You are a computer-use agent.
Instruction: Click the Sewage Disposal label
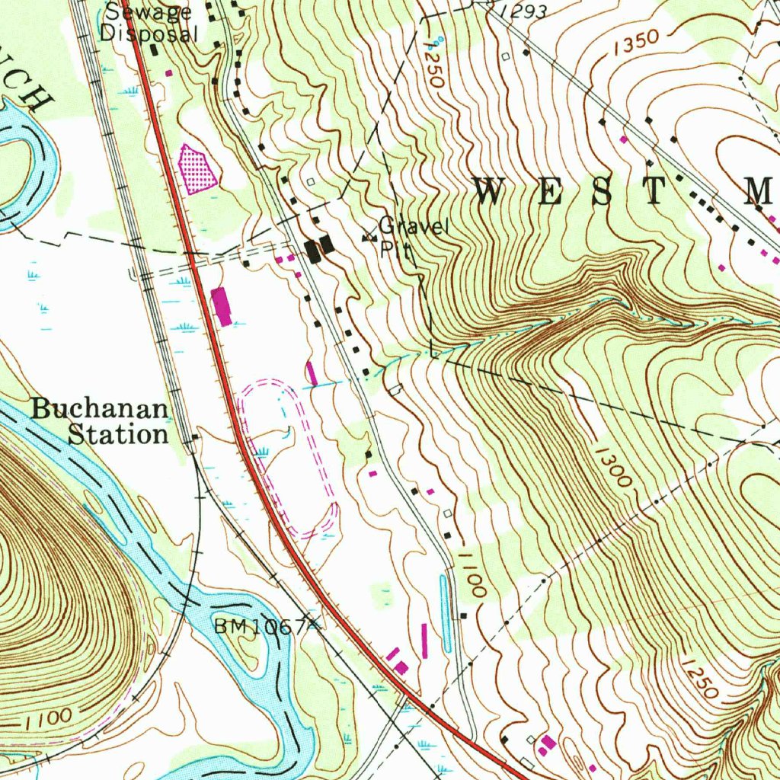[150, 22]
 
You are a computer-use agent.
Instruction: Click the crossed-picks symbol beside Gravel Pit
[369, 238]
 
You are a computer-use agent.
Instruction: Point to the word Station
[118, 435]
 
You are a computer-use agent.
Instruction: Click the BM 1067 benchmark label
[259, 627]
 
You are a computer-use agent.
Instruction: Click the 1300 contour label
[614, 466]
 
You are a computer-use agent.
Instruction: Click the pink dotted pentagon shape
[197, 169]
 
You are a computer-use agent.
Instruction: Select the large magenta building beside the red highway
[222, 306]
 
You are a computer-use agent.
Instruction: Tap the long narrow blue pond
[445, 614]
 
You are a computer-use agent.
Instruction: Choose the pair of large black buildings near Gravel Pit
[318, 248]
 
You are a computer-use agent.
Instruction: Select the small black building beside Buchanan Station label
[196, 437]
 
